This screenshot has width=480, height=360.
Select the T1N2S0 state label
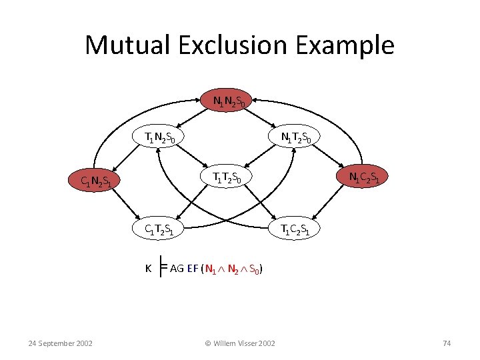pyautogui.click(x=161, y=138)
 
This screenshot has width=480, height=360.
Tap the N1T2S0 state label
pyautogui.click(x=296, y=138)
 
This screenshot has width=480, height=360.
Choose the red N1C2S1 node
pyautogui.click(x=365, y=177)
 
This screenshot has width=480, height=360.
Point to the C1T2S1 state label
pyautogui.click(x=161, y=230)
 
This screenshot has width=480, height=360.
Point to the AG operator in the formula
pyautogui.click(x=177, y=269)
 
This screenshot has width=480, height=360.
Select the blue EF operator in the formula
pyautogui.click(x=193, y=269)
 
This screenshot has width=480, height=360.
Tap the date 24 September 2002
pyautogui.click(x=61, y=343)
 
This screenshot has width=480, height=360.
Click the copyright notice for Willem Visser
pyautogui.click(x=239, y=343)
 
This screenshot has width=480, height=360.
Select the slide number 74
pyautogui.click(x=447, y=343)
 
